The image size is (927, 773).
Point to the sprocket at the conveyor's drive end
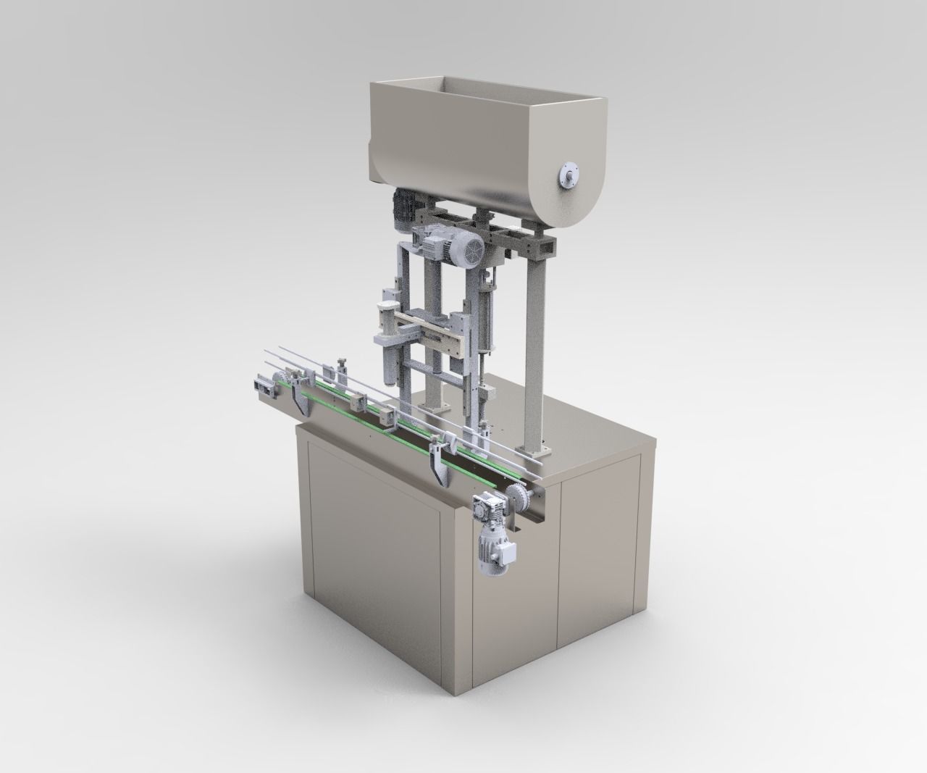[x=516, y=501]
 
